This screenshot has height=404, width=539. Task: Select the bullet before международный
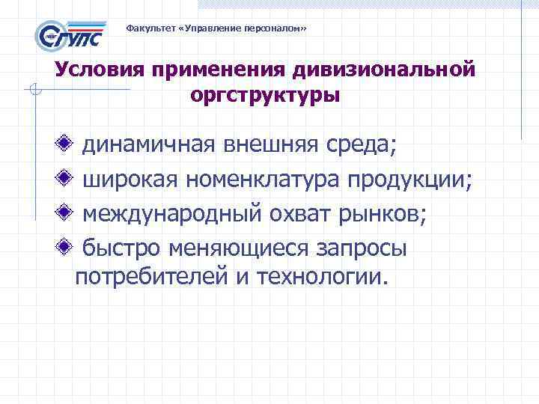67,214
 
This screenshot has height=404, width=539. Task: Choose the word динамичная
149,145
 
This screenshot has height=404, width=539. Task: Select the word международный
173,215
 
